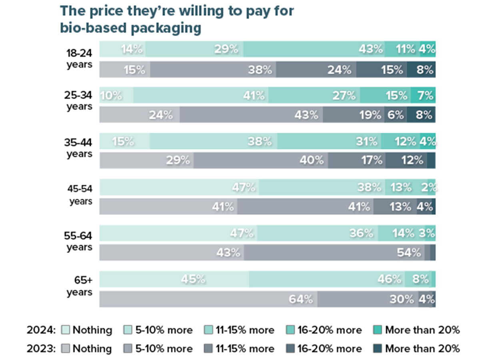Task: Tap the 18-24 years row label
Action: (x=79, y=59)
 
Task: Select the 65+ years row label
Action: (x=79, y=287)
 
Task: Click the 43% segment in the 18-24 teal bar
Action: (x=314, y=49)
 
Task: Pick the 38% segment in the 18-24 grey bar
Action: (x=213, y=70)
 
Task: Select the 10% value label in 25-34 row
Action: (x=112, y=96)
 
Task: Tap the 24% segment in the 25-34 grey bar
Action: (x=139, y=115)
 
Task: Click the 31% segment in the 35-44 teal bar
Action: (x=329, y=141)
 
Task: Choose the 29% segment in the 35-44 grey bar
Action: (x=146, y=160)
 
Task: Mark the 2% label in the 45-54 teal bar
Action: (x=428, y=187)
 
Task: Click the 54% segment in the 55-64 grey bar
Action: (x=334, y=252)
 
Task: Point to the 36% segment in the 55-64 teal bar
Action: (x=317, y=233)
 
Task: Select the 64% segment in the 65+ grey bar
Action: (x=208, y=299)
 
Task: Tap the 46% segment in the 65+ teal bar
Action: (x=326, y=279)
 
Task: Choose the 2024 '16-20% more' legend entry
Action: (x=324, y=330)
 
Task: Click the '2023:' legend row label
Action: (x=41, y=348)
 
